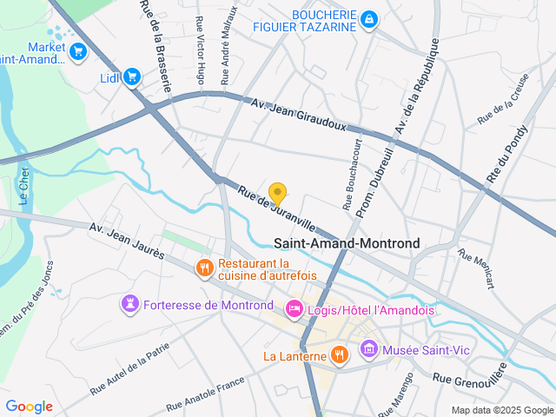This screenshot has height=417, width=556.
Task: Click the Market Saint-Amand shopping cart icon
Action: coord(78,52)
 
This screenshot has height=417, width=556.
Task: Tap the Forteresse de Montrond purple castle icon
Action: coord(130,304)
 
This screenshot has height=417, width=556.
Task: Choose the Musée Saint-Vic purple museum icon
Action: coord(369,349)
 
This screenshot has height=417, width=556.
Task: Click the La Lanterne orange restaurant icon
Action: coord(340,354)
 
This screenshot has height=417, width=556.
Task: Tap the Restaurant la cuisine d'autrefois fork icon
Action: coord(205,268)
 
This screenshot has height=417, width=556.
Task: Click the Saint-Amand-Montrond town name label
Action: coord(347,244)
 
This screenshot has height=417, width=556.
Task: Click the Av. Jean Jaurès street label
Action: coord(129,240)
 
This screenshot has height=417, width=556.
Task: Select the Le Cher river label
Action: coord(24,185)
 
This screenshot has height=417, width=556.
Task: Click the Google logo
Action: coord(29,407)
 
